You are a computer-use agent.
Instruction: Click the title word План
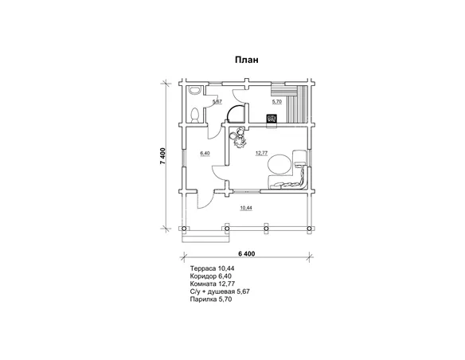[247, 60]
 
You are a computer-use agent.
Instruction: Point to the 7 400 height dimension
[162, 155]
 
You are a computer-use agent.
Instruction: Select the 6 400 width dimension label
[246, 254]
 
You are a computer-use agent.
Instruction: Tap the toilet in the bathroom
[195, 115]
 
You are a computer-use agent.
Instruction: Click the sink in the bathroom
[195, 90]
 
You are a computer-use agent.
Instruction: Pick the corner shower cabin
[236, 113]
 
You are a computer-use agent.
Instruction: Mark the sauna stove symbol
[272, 119]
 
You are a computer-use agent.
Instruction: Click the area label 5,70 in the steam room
[276, 102]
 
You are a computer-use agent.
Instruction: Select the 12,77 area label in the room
[261, 153]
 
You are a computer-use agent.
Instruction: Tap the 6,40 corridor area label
[205, 153]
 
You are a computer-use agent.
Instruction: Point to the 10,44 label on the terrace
[246, 208]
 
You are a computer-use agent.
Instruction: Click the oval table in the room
[279, 164]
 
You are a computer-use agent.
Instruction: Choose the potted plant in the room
[238, 137]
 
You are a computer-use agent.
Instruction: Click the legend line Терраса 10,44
[212, 268]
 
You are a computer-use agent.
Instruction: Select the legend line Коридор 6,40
[211, 276]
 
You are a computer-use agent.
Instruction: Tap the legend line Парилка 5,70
[211, 299]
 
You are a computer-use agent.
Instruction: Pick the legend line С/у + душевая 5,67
[220, 292]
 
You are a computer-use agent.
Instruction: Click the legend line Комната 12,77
[213, 284]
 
